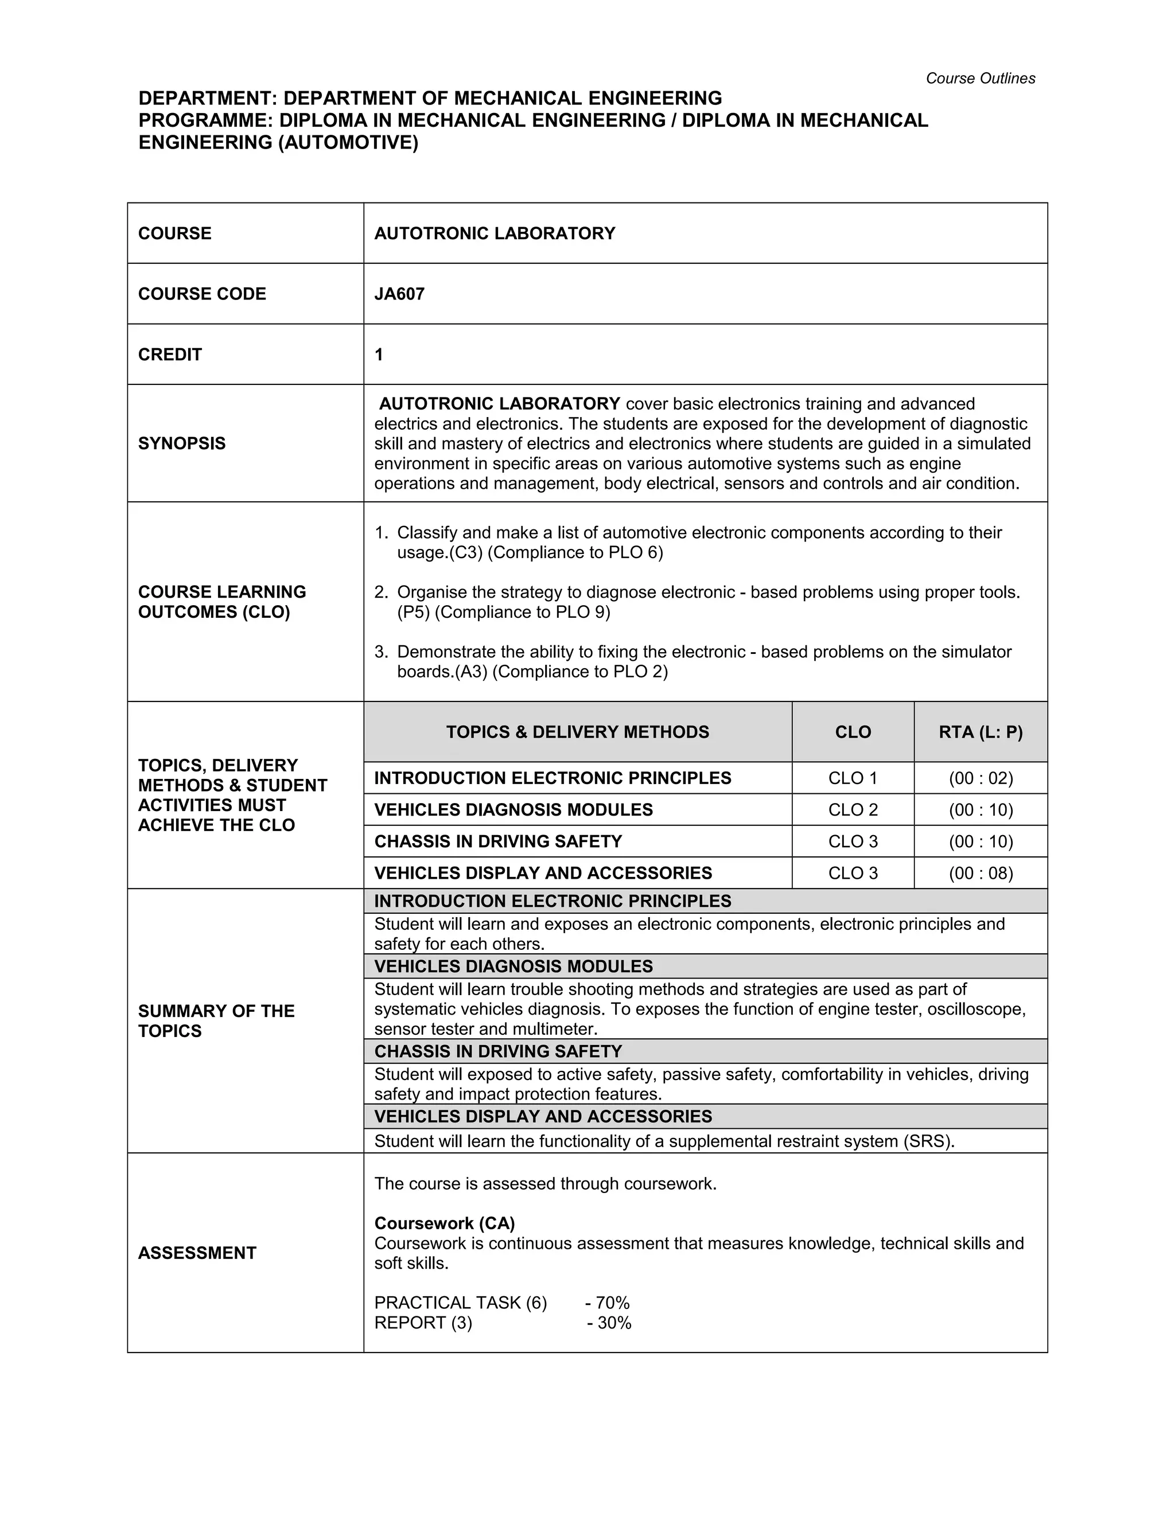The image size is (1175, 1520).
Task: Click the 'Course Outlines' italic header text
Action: (x=979, y=79)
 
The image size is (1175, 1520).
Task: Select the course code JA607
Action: (x=399, y=294)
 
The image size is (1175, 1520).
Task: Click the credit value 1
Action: (x=379, y=355)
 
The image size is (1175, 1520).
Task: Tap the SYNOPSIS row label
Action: (x=182, y=443)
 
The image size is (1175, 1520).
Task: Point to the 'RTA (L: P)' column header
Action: (x=980, y=732)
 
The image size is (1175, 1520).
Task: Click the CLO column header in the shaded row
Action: (x=853, y=732)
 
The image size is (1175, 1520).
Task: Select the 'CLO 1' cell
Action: (x=853, y=778)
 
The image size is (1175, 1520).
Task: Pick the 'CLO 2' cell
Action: (x=853, y=810)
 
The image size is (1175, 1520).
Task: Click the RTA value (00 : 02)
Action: (x=980, y=778)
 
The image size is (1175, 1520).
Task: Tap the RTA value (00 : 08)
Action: (x=980, y=874)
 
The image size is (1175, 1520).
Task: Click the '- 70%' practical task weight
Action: (x=607, y=1303)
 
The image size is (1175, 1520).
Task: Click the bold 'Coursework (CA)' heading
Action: (x=444, y=1223)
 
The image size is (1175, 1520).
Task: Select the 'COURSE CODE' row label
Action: (x=202, y=294)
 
